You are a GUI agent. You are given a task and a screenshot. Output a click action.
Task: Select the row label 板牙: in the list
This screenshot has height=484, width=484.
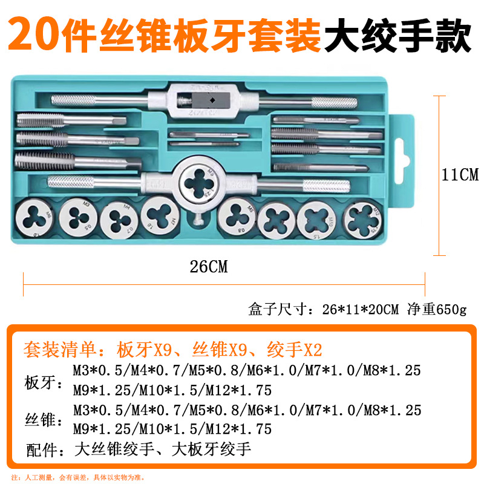[43, 382]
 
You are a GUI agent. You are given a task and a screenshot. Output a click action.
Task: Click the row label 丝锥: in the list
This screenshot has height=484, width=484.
[43, 421]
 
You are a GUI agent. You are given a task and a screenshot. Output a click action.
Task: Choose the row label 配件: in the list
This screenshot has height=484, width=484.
[43, 450]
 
